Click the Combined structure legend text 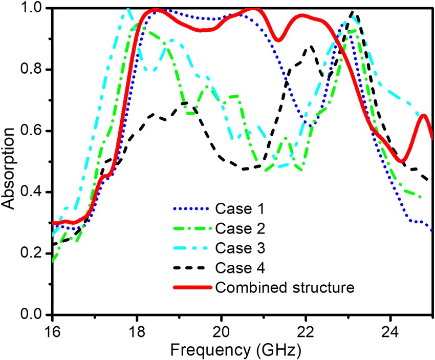(285, 287)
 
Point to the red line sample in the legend (190, 287)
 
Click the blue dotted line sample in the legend (190, 209)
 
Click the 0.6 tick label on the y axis (36, 131)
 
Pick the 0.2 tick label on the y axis (36, 253)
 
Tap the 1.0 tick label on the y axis (36, 9)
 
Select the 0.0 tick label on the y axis (36, 314)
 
